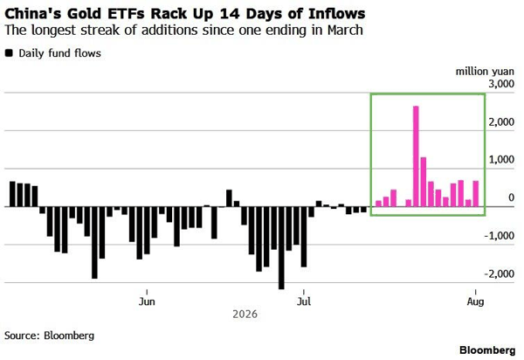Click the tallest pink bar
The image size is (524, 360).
click(416, 156)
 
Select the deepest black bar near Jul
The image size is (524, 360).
click(281, 247)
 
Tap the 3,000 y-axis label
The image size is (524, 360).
click(501, 84)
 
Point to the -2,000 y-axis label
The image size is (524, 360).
click(500, 273)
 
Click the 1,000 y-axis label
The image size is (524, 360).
click(501, 160)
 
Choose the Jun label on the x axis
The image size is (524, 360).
click(147, 301)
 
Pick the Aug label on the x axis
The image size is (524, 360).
click(475, 301)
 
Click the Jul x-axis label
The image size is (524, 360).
click(304, 301)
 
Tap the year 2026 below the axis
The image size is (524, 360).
click(245, 315)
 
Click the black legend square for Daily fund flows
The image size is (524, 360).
click(9, 53)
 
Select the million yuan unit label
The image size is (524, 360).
click(485, 72)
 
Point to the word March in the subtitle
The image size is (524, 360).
click(345, 30)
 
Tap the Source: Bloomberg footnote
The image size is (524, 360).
click(50, 336)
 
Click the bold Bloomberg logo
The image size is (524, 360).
click(487, 350)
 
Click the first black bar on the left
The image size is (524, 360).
click(12, 194)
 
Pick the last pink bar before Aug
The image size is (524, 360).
click(476, 193)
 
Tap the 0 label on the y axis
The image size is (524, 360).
click(511, 197)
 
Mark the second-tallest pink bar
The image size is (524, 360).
click(423, 182)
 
